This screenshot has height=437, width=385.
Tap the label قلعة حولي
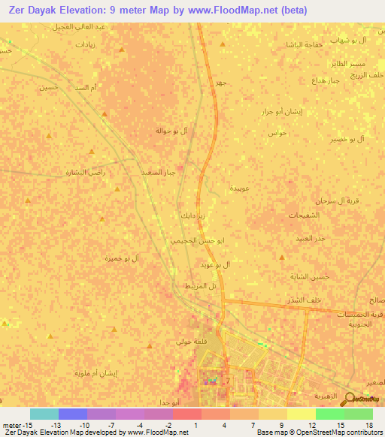tap(189, 342)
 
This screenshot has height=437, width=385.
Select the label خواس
tap(277, 133)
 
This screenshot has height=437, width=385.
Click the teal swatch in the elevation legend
tap(44, 414)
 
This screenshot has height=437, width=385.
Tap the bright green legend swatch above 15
tap(329, 414)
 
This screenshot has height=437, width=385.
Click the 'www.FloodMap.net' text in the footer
tap(159, 432)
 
